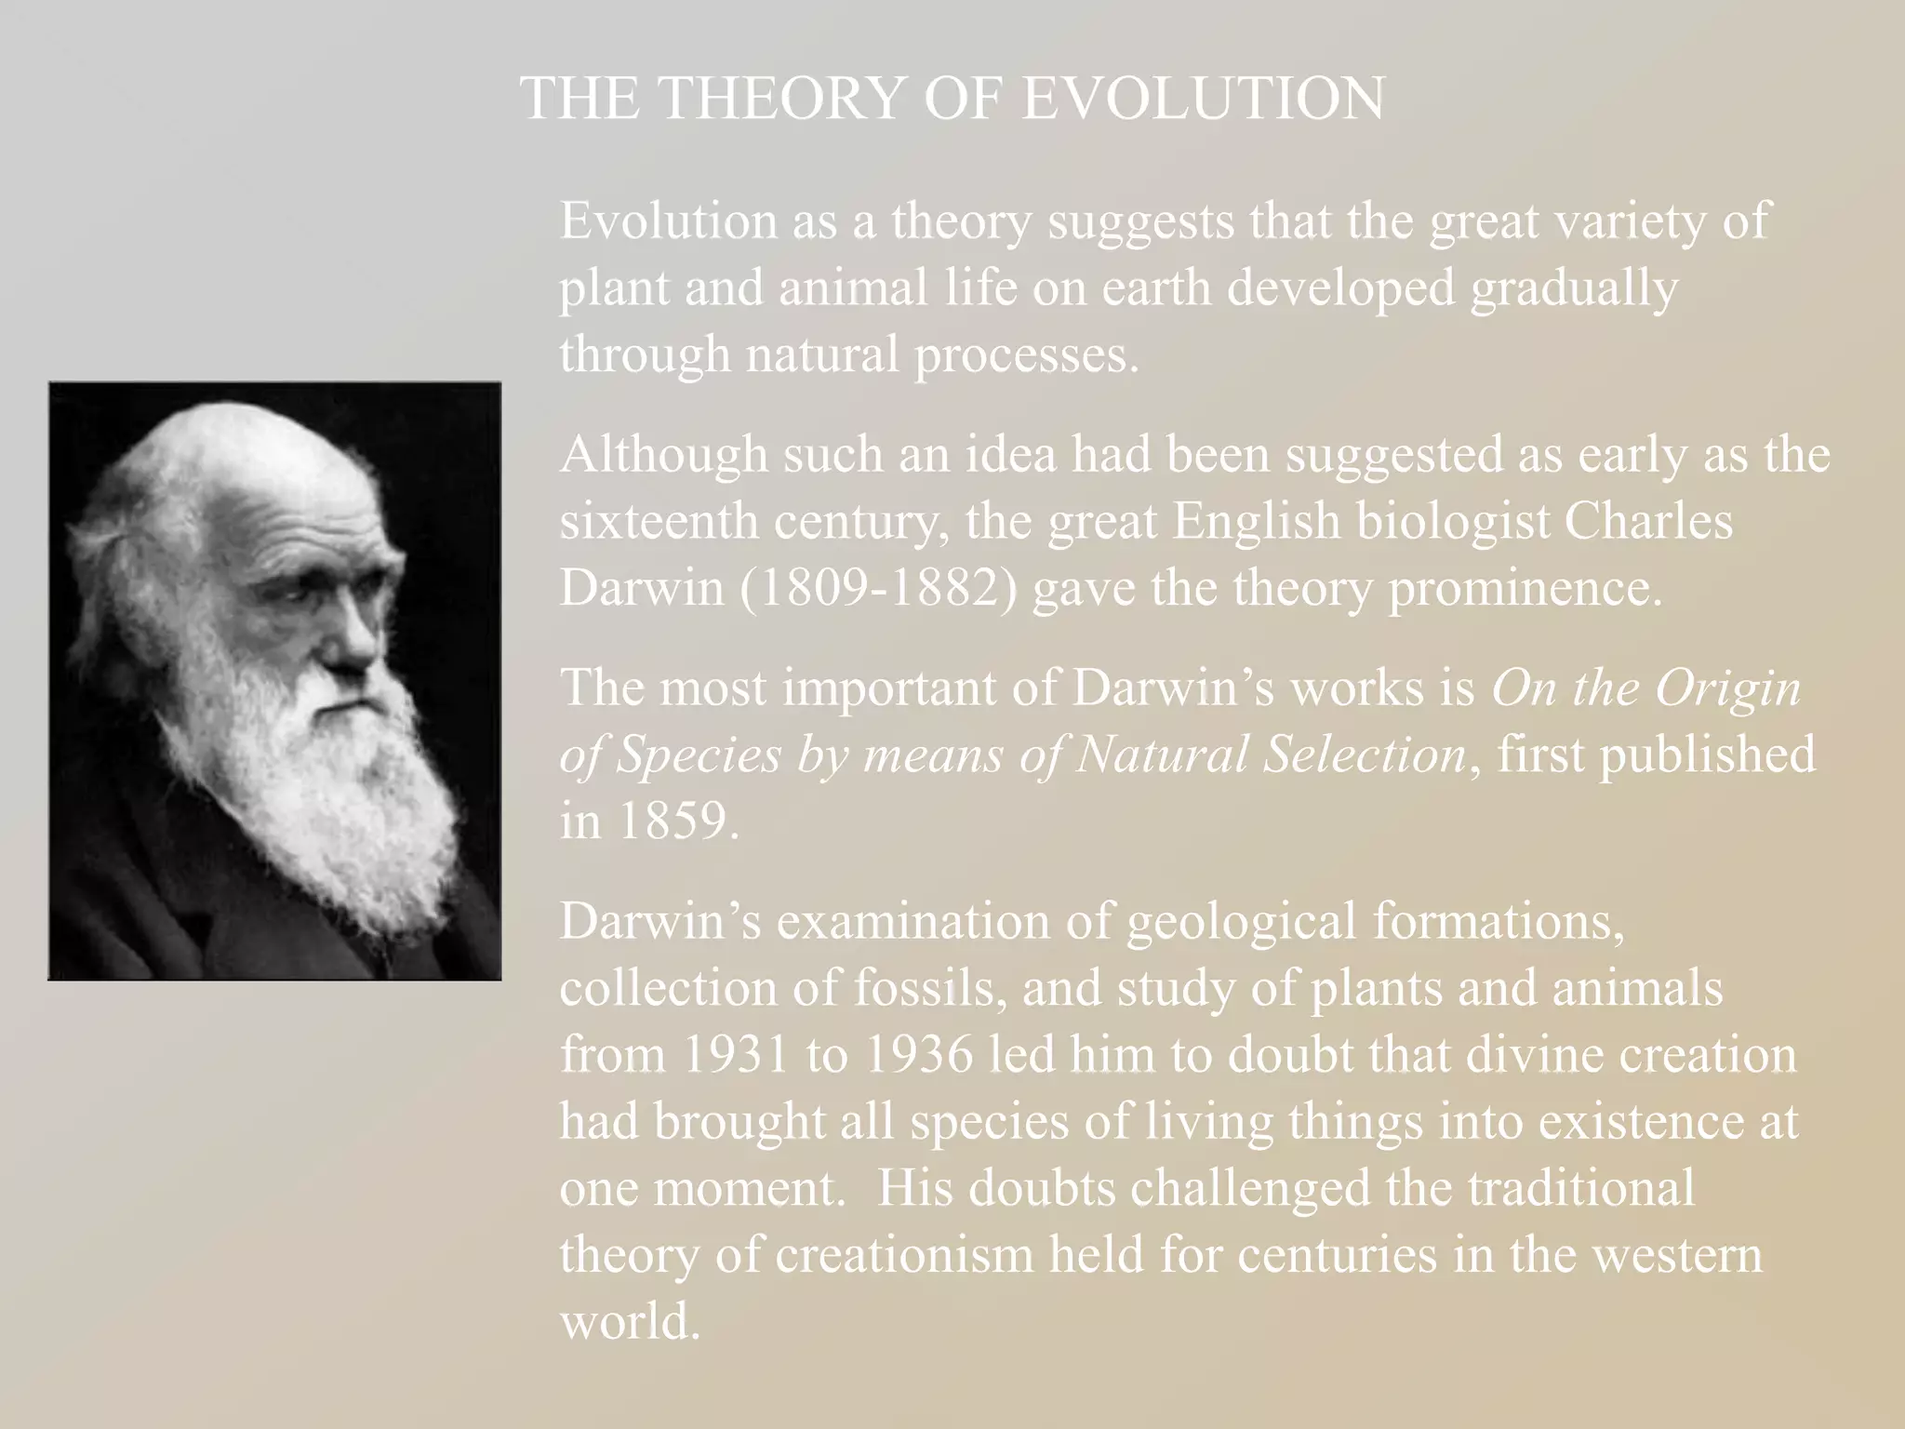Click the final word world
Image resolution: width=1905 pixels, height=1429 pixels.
(x=629, y=1321)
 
